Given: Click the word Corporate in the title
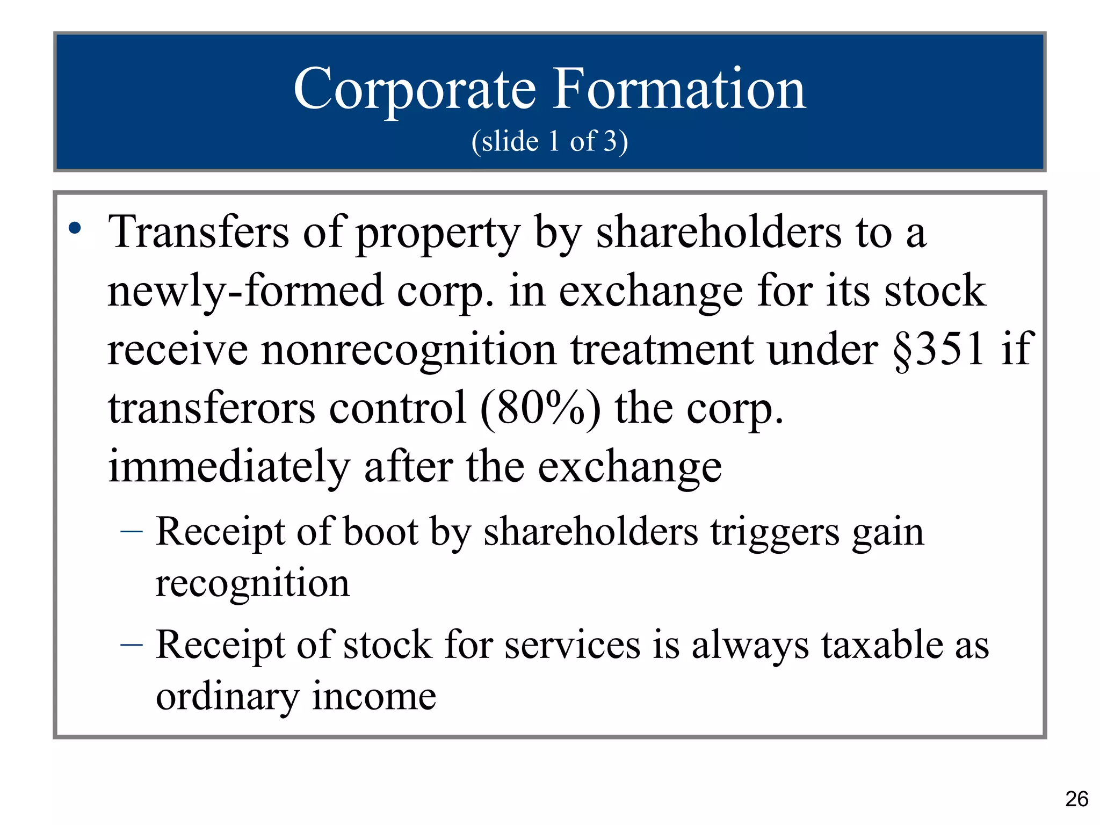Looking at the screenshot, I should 414,90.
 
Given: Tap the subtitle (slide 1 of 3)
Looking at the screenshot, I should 549,141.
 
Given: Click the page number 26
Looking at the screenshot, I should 1076,799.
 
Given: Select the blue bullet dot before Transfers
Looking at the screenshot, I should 75,229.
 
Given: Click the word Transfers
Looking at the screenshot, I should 198,232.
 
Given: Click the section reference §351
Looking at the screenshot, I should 938,349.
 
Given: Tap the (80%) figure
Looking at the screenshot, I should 540,409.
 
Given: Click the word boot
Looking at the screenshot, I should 380,532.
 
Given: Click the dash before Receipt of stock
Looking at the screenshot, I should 132,644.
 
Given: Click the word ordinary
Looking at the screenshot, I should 227,697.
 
